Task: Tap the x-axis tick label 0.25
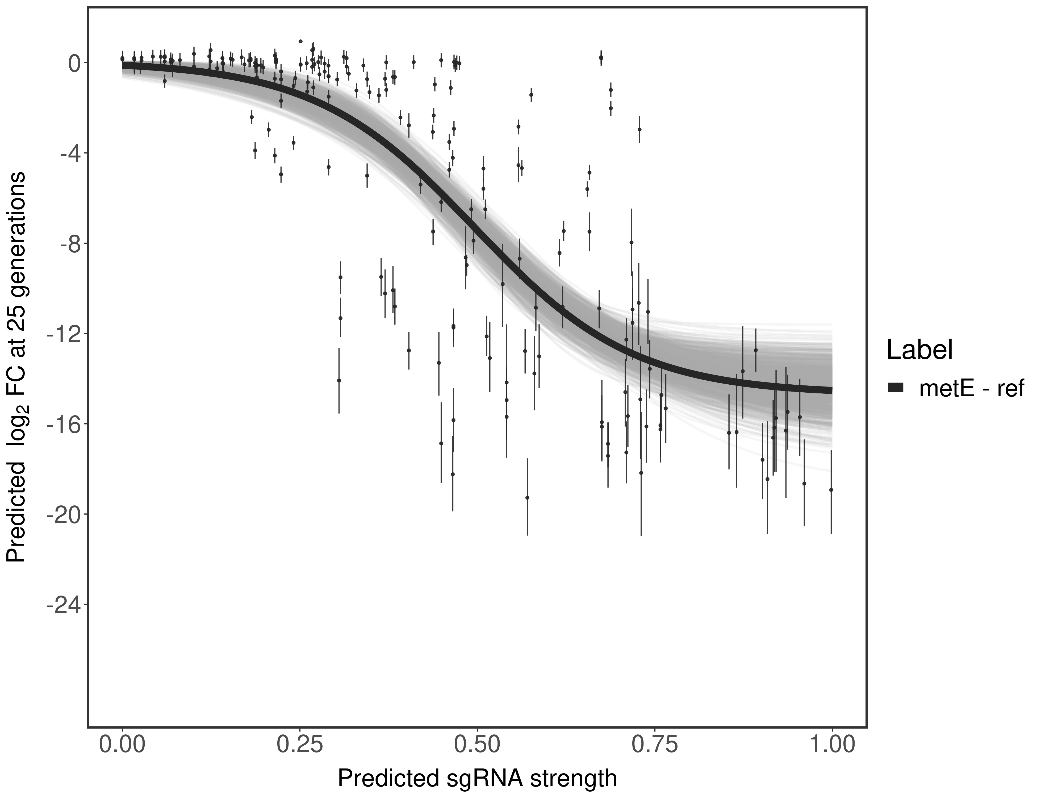coord(300,745)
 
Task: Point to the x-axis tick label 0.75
coord(654,745)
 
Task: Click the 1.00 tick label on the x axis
coord(831,745)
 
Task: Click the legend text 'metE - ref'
coord(971,389)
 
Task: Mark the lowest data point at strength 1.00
coord(831,490)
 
